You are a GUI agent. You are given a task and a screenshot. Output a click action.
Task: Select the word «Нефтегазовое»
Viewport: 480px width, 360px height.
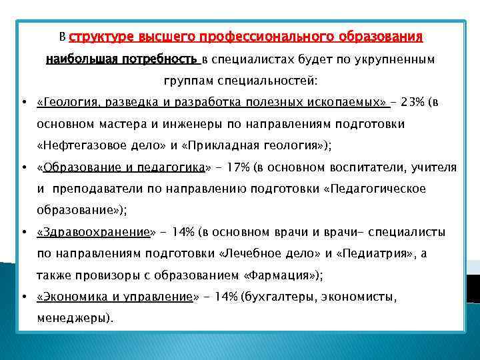(x=80, y=146)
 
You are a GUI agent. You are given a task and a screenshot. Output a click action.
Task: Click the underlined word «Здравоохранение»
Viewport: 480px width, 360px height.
(x=95, y=233)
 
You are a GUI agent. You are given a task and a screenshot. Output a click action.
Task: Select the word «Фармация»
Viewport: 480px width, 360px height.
(x=283, y=276)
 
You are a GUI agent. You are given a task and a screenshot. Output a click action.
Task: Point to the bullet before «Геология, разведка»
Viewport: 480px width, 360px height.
(x=24, y=103)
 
